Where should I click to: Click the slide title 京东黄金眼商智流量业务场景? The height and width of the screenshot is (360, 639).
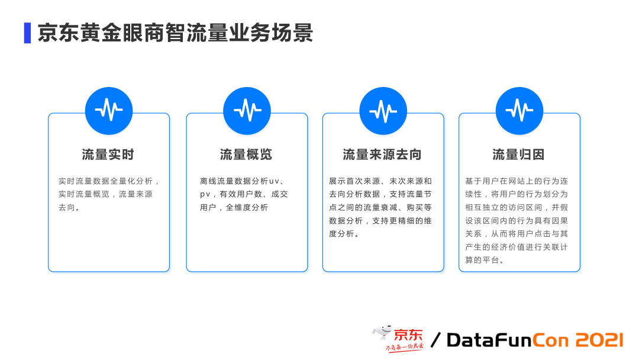[175, 33]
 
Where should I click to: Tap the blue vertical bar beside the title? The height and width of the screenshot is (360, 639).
[27, 33]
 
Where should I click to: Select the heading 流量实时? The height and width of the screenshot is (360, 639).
[108, 155]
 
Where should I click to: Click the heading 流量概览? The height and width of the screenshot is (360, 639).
[246, 155]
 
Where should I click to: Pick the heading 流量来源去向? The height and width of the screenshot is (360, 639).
[382, 155]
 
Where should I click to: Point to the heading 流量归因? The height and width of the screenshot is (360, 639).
[518, 155]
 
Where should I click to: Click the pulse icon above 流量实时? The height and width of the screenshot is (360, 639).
[109, 110]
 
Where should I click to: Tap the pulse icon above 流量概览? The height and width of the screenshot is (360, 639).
[247, 110]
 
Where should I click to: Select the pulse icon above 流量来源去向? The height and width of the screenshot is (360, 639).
[383, 110]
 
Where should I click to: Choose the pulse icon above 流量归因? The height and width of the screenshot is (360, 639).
[519, 110]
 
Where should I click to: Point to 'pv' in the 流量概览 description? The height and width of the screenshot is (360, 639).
[205, 194]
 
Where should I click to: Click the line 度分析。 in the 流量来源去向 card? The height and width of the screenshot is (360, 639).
[344, 233]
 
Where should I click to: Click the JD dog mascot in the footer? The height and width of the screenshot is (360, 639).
[382, 335]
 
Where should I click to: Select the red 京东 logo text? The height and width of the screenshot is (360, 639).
[409, 335]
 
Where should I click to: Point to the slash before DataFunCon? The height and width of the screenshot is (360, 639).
[436, 340]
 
